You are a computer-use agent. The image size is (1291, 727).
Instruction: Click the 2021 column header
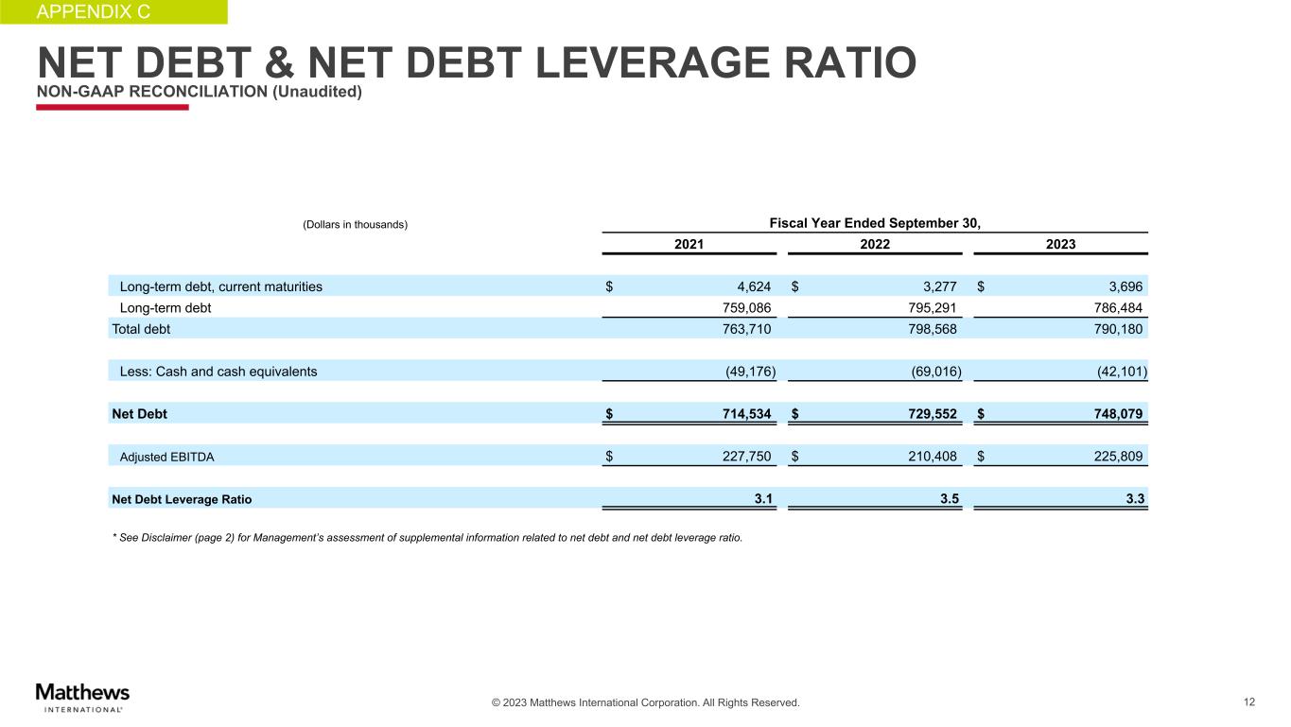coord(689,244)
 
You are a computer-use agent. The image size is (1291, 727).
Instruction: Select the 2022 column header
coord(874,244)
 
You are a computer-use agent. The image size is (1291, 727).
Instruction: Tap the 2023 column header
coord(1059,244)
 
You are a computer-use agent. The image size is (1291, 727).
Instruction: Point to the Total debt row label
coord(141,329)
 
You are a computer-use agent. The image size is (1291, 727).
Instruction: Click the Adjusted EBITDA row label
coord(166,457)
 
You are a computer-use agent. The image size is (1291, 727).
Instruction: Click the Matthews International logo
coord(82,696)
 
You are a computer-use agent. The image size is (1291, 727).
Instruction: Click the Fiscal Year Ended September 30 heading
coord(875,223)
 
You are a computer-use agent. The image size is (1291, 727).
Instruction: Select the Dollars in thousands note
coord(355,225)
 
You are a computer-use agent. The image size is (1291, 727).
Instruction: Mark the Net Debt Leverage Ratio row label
coord(182,498)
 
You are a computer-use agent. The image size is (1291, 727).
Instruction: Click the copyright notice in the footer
coord(645,703)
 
